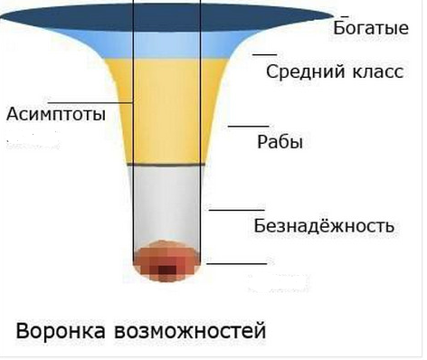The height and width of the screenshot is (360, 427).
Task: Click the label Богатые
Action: click(371, 26)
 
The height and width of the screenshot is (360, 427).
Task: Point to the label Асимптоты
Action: click(56, 115)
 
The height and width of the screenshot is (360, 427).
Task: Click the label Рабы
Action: click(280, 142)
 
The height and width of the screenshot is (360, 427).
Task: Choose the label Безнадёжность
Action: click(324, 225)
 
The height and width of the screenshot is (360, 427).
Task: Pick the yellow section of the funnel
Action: click(167, 109)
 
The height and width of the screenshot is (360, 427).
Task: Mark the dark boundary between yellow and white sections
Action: click(167, 164)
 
